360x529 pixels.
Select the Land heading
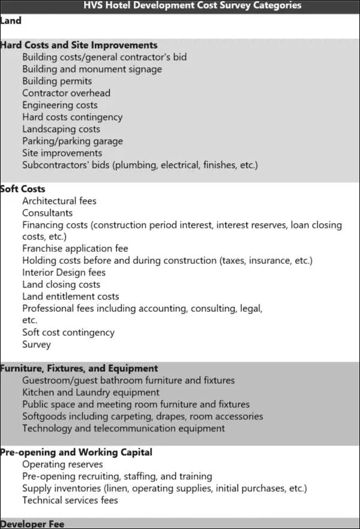11,20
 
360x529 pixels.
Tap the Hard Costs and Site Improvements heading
79,45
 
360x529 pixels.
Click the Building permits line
57,81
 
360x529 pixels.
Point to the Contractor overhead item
66,93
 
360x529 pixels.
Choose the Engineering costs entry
60,105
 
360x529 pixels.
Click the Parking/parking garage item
73,141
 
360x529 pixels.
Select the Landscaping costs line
61,129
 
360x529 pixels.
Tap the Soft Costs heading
23,189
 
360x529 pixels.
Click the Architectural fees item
59,201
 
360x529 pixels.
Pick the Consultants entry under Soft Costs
47,213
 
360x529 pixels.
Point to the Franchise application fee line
75,248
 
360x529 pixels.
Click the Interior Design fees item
64,272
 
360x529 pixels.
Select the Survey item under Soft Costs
37,344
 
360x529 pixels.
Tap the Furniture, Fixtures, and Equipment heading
79,368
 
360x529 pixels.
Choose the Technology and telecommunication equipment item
124,428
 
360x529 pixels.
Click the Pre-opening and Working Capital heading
76,452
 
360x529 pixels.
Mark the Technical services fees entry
70,500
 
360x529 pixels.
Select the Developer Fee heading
32,524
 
